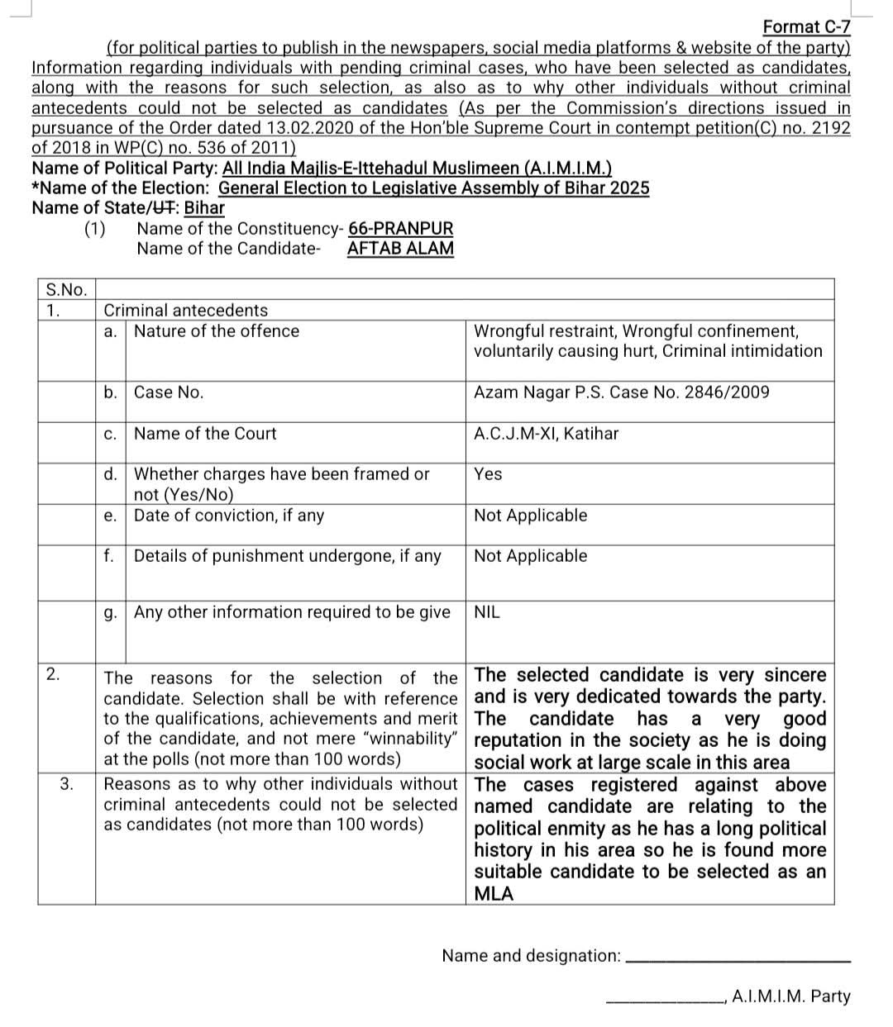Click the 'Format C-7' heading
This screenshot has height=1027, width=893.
[x=805, y=27]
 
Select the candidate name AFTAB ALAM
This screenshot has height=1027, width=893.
[x=400, y=248]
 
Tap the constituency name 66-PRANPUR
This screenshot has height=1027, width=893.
[x=400, y=228]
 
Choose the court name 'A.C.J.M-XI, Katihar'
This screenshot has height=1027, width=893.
[x=546, y=434]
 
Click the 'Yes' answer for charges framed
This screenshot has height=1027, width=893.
[x=488, y=474]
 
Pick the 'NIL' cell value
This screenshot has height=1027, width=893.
[x=487, y=612]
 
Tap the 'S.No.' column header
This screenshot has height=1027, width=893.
[x=65, y=289]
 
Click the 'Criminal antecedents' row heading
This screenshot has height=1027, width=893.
[x=185, y=311]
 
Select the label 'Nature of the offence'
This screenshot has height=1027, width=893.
[x=217, y=331]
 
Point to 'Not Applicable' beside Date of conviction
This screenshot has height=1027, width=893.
[x=530, y=516]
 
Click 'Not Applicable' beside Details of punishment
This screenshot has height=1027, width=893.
[x=530, y=556]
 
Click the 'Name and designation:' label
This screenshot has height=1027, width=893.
[x=531, y=956]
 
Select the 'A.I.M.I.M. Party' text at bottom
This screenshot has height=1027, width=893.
[x=790, y=996]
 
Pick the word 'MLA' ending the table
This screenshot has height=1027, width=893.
[x=494, y=894]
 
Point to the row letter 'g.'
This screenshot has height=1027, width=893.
[x=110, y=612]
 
